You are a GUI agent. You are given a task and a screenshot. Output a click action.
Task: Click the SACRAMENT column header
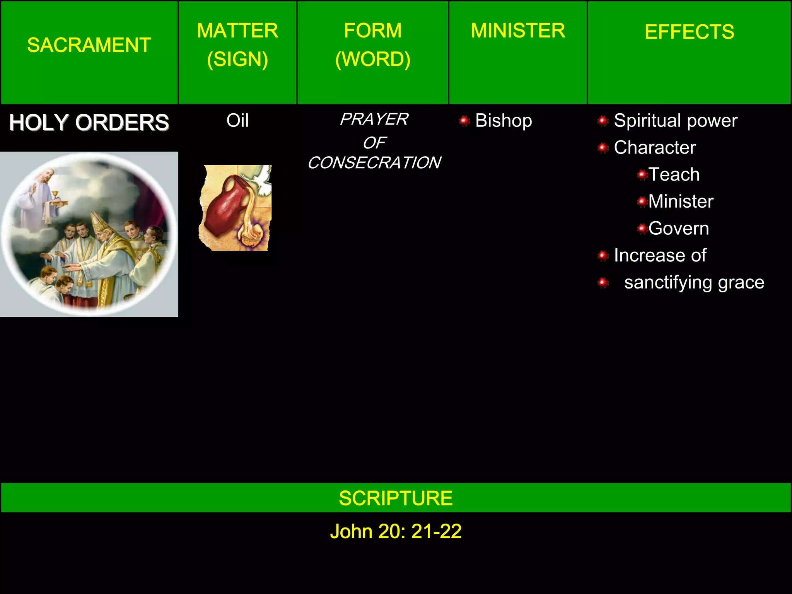(89, 45)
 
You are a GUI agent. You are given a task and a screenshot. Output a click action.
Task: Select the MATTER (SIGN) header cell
(237, 45)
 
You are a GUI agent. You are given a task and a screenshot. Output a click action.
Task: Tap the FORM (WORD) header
(373, 45)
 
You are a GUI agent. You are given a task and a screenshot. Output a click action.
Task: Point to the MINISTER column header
(518, 31)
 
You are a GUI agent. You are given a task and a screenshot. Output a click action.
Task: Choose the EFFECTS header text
(689, 32)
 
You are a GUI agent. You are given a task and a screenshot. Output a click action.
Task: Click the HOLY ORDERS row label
(89, 123)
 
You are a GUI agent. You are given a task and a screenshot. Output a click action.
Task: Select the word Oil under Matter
(237, 121)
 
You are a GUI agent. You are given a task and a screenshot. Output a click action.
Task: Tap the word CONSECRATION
(374, 163)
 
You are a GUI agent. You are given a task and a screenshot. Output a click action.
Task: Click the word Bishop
(504, 121)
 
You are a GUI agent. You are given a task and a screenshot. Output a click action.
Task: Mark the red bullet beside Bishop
(464, 121)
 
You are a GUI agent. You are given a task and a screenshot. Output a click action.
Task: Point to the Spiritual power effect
(676, 121)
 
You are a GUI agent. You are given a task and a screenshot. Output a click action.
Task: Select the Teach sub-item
(674, 174)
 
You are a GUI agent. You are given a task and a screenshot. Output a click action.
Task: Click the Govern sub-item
(679, 228)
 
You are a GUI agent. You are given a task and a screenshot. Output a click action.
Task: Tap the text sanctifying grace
(694, 282)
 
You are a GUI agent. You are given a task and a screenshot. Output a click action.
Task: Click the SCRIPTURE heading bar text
(396, 498)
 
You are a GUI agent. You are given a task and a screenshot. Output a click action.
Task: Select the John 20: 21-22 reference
(396, 531)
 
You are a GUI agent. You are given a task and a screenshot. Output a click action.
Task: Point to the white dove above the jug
(261, 180)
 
